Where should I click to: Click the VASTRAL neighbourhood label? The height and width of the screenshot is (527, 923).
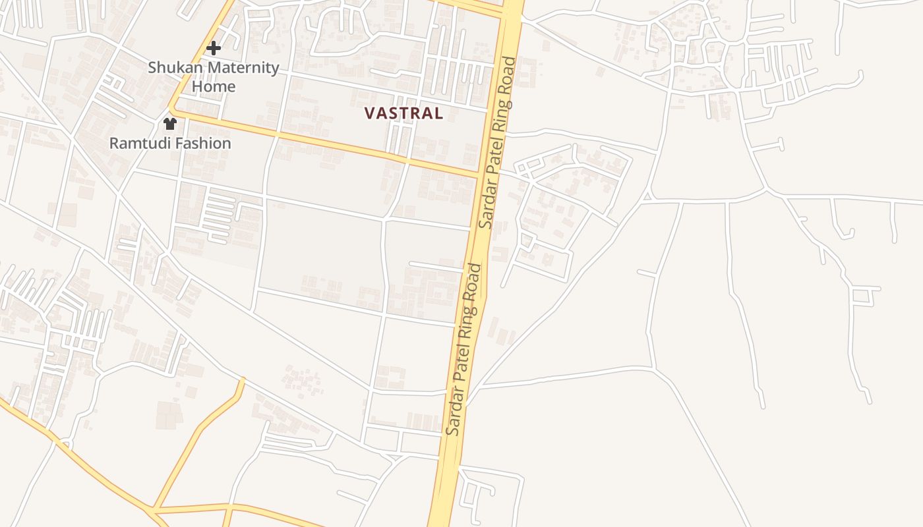(x=403, y=113)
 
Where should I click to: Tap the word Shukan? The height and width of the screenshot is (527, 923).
(x=171, y=67)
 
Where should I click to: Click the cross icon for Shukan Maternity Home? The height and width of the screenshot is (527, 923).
(x=213, y=48)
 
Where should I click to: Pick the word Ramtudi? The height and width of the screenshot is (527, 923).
(x=136, y=143)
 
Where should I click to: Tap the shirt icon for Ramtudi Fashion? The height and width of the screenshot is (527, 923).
(x=170, y=123)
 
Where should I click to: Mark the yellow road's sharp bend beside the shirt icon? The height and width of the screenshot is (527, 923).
(x=170, y=110)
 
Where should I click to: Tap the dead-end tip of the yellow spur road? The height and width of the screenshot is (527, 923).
(x=242, y=379)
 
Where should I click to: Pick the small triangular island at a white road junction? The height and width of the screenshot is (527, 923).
(x=647, y=196)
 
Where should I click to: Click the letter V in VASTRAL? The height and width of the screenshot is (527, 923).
(x=369, y=113)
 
